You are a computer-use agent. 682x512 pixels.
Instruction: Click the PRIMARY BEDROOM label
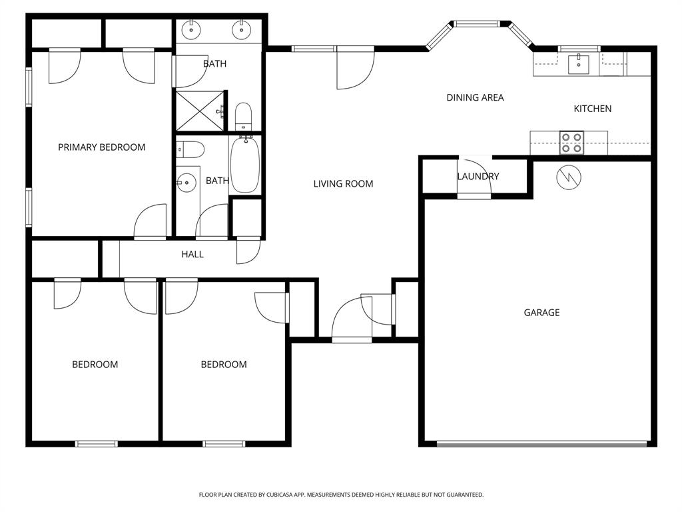101,147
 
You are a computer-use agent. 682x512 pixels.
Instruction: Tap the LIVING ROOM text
343,184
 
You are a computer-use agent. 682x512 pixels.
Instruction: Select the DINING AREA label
475,98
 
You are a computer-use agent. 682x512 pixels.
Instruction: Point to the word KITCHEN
592,109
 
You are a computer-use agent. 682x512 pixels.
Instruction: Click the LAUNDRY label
478,177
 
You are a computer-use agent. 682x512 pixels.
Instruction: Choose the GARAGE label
541,313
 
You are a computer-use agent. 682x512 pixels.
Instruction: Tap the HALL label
192,255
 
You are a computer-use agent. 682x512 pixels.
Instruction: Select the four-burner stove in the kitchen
571,143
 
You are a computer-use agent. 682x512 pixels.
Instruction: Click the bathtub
245,165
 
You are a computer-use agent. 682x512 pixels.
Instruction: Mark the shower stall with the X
200,111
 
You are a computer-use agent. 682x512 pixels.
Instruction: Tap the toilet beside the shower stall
243,116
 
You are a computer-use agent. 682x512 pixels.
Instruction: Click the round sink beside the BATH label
188,181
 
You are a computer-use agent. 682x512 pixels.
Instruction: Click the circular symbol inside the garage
568,177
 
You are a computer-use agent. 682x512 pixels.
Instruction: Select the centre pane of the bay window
477,25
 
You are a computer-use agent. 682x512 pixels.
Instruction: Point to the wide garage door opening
541,443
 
